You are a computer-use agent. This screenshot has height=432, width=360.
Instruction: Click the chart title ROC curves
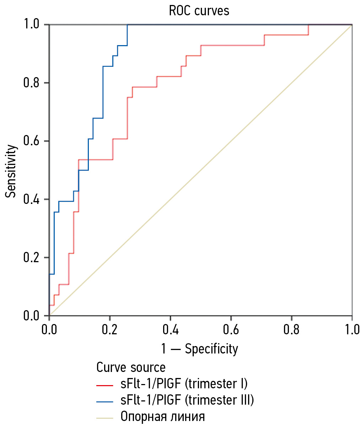click(x=199, y=11)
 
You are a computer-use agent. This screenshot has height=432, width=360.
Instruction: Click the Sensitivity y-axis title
click(x=11, y=171)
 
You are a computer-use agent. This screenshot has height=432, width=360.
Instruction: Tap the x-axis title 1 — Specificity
click(x=199, y=349)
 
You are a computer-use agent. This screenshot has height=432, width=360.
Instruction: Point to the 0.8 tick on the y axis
click(x=31, y=83)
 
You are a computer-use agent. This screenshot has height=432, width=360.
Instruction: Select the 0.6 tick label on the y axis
click(x=31, y=141)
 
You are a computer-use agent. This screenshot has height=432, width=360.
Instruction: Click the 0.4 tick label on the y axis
click(x=31, y=199)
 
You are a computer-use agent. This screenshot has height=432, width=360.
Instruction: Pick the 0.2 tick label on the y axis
click(x=31, y=258)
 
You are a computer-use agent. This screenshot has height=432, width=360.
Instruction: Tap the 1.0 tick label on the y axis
click(x=31, y=25)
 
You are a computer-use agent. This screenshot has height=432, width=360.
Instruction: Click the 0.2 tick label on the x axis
click(x=110, y=330)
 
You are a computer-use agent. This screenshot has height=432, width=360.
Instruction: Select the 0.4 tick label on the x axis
click(x=170, y=330)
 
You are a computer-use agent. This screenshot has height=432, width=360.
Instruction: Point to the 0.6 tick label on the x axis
click(x=231, y=330)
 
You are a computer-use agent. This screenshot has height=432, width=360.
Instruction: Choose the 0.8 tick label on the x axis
click(x=291, y=330)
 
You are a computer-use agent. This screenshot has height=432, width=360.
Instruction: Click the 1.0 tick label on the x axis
click(x=352, y=330)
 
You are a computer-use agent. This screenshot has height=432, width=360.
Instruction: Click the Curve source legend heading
click(x=131, y=367)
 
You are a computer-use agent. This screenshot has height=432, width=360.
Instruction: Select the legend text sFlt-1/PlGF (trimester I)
click(x=184, y=384)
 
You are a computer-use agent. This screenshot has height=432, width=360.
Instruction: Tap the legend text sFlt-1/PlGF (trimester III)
click(x=187, y=400)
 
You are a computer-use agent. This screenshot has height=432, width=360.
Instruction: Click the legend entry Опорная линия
click(x=163, y=416)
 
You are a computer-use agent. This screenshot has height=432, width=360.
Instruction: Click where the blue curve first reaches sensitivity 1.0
click(x=127, y=25)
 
